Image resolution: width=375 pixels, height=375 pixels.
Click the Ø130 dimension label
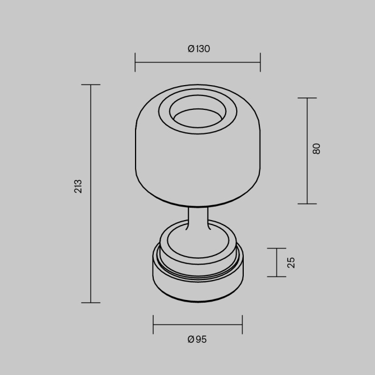point(199,49)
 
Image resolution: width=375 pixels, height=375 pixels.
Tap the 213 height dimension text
point(79,186)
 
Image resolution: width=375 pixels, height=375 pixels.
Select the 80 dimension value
point(317,148)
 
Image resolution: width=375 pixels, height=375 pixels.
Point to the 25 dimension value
point(291,262)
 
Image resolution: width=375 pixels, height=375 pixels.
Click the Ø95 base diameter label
point(197,339)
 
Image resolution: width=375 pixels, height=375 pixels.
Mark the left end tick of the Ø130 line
point(135,62)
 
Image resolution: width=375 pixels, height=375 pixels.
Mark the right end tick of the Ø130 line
point(260,62)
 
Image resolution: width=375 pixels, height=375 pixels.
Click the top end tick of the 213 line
point(91,85)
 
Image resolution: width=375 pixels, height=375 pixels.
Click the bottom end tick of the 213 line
point(91,303)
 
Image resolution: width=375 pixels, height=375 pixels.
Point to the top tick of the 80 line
point(307,98)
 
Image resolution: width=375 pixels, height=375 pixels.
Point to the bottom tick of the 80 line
point(307,204)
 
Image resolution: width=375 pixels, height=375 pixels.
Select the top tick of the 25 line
point(276,249)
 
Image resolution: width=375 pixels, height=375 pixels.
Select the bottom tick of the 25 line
point(276,276)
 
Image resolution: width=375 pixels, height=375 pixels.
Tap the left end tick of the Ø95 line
point(153,324)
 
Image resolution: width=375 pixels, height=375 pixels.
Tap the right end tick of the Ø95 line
point(242,324)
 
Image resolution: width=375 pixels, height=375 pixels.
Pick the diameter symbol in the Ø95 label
point(191,339)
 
